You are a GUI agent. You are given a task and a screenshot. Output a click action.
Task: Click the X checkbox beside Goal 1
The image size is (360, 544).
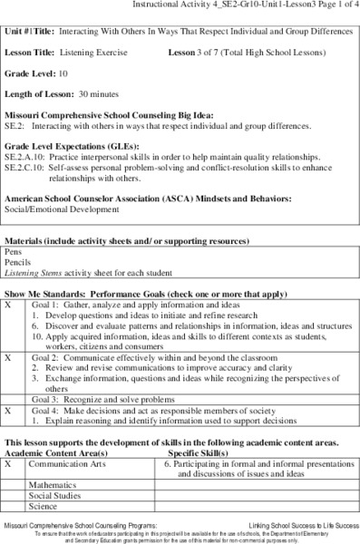9,306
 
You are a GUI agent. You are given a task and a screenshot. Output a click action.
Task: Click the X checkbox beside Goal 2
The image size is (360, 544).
9,357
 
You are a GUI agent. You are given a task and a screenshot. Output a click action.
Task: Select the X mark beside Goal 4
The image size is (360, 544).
9,410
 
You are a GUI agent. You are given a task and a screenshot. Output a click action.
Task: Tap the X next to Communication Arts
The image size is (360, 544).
9,462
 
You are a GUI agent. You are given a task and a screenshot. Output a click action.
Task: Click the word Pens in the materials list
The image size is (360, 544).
13,248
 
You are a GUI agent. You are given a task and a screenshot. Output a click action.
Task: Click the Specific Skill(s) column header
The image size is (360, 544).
200,451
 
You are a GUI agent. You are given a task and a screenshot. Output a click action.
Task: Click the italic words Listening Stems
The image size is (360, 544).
34,270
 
